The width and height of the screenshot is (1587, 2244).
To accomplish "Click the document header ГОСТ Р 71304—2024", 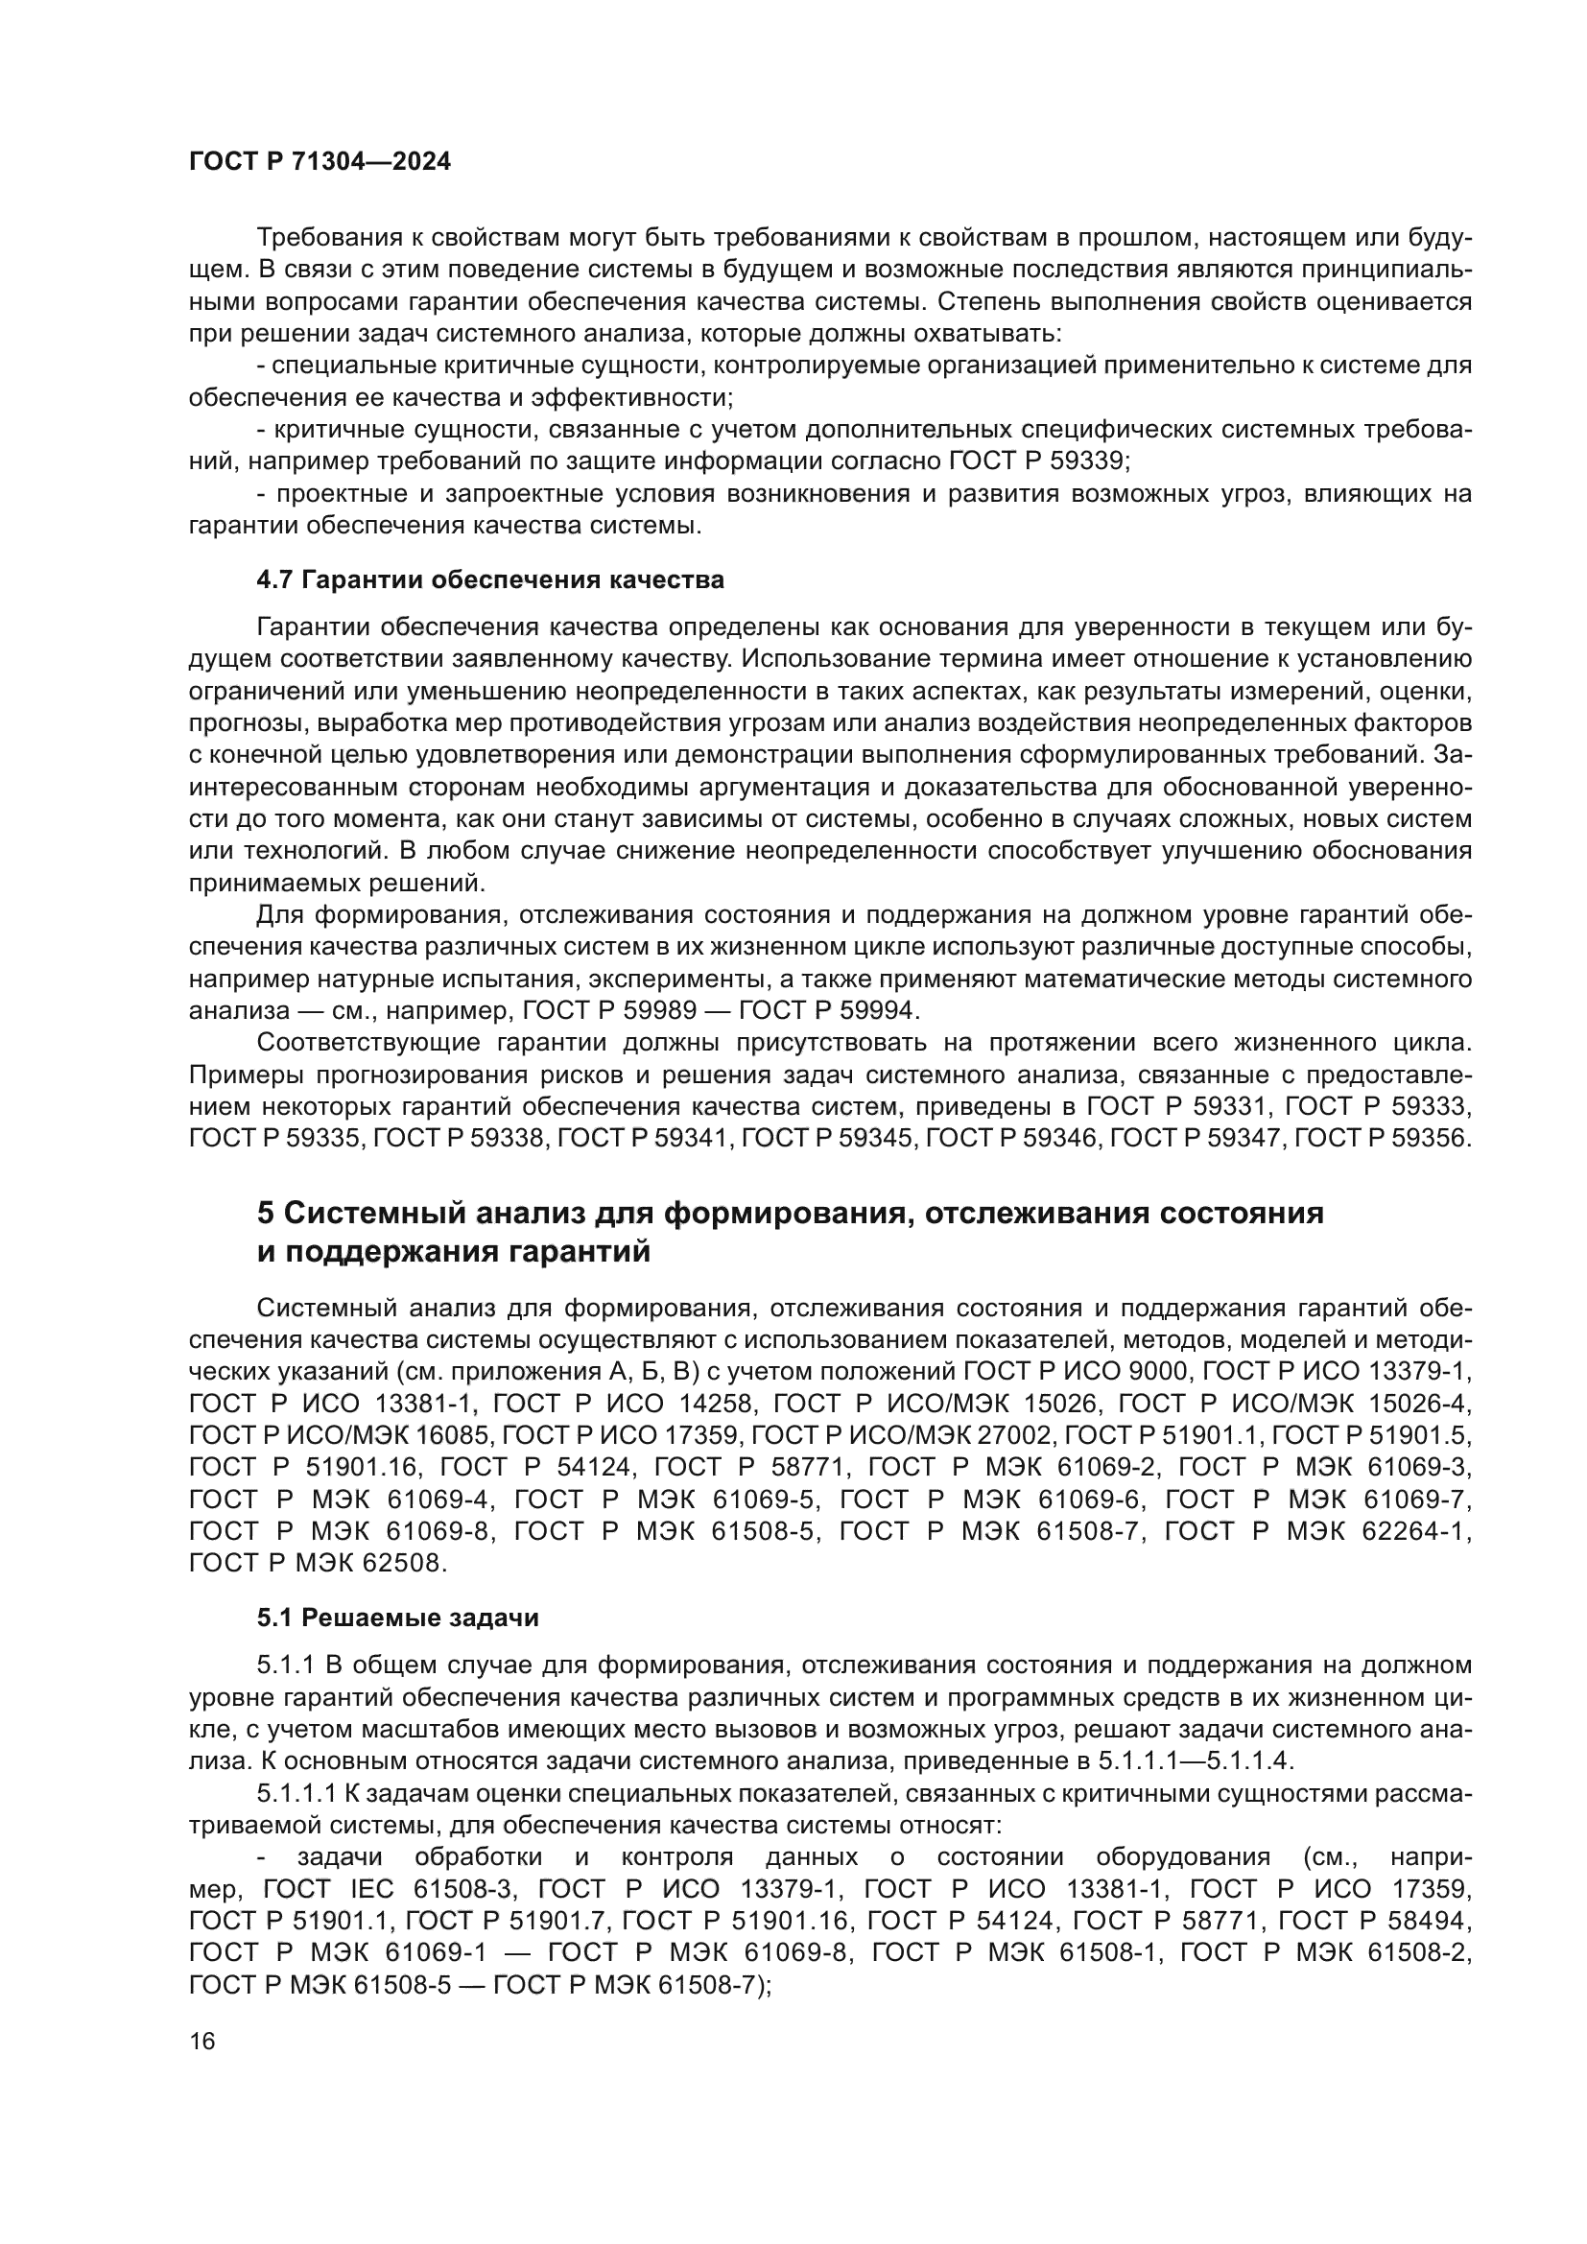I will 320,162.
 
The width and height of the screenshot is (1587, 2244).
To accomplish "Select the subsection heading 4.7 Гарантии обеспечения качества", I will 489,579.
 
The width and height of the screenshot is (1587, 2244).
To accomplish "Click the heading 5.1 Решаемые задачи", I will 398,1618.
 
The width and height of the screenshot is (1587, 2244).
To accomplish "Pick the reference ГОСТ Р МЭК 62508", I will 318,1563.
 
